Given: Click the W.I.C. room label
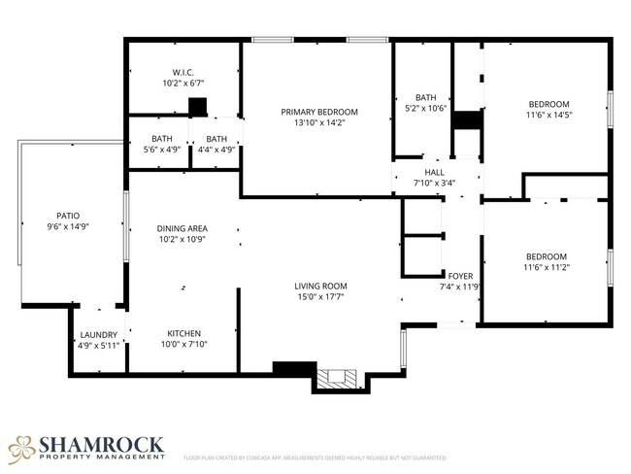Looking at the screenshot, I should tap(184, 73).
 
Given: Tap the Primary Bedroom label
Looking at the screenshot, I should tap(319, 112).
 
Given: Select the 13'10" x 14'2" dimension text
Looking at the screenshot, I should tap(319, 123).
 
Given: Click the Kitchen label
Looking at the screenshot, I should tap(184, 332).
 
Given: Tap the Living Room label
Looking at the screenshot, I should tap(320, 286).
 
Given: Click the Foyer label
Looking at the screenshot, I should tap(460, 276).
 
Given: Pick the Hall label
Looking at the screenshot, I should tap(434, 172).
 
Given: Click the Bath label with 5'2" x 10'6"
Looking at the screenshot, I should tap(426, 97).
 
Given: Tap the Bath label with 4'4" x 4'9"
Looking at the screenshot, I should tap(216, 139).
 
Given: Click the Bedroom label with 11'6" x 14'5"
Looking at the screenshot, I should tap(548, 104).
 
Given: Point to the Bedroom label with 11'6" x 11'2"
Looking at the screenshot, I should tap(546, 256).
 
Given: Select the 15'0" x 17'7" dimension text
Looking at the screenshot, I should tap(320, 297).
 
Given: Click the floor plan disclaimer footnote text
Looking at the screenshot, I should tap(315, 457).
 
